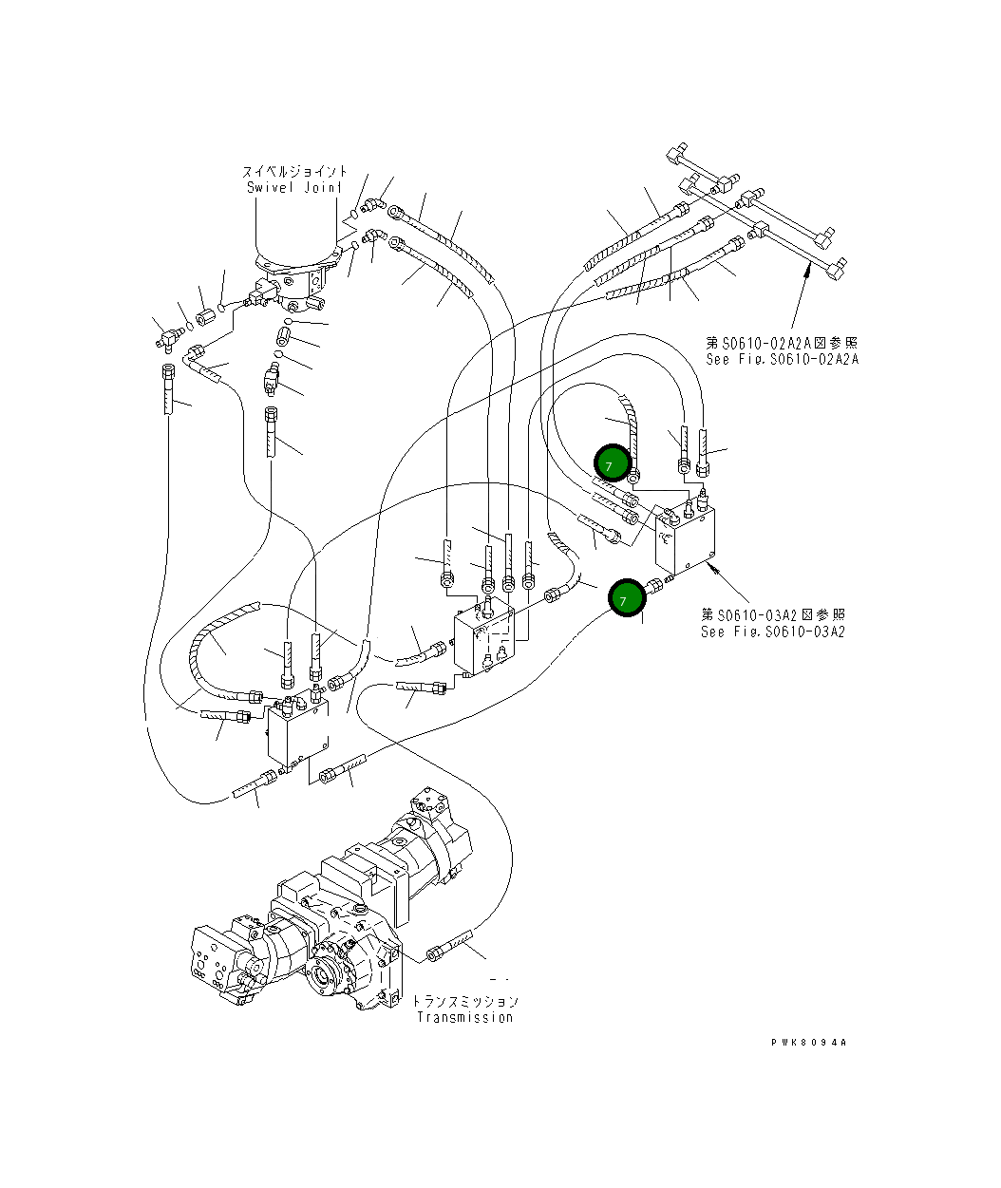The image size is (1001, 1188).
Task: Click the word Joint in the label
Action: (323, 187)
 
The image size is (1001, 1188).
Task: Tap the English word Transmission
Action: (465, 1017)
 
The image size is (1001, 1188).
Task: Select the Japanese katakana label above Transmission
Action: (465, 1001)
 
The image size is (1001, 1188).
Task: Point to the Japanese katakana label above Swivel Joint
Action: (294, 171)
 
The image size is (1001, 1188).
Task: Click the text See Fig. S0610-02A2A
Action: (783, 359)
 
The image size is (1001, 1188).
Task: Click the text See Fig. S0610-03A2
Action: (773, 632)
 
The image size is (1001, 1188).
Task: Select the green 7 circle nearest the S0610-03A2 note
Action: (627, 598)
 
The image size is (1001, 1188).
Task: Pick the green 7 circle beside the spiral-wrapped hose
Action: (613, 463)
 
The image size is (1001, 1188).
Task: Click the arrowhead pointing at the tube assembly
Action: (805, 274)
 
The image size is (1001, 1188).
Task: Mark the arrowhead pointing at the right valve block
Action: (712, 565)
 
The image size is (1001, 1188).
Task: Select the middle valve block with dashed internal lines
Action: (484, 636)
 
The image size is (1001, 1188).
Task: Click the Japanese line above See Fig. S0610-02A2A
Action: (782, 343)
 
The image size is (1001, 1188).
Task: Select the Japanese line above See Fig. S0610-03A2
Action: (773, 614)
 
